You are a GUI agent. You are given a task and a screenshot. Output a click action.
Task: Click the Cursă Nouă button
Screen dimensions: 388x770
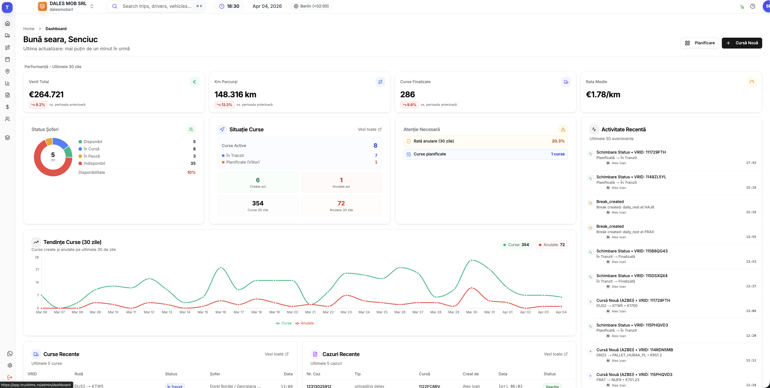(x=742, y=43)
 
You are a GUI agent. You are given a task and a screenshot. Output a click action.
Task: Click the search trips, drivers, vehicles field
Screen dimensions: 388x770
(x=157, y=6)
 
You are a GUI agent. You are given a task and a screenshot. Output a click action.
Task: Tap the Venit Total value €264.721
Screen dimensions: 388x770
(x=46, y=95)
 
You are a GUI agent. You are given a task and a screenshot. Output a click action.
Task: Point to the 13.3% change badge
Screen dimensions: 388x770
(x=225, y=105)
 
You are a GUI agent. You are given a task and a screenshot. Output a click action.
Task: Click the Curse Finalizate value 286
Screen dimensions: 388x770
(x=408, y=95)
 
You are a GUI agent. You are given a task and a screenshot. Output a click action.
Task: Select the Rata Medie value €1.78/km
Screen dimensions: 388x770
(x=603, y=95)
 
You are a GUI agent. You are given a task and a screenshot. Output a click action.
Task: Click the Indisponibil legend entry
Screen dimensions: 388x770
(x=94, y=163)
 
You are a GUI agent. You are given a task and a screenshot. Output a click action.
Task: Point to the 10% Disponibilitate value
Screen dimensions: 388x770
(x=191, y=172)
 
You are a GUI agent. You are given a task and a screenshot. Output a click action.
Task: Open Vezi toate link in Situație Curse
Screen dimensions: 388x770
(x=369, y=130)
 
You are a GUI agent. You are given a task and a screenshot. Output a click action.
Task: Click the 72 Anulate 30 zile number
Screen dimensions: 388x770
(x=341, y=203)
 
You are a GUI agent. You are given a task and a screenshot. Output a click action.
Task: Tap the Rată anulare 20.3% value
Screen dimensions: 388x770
(x=558, y=141)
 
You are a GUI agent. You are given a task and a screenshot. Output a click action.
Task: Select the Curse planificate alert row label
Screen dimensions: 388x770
(x=430, y=154)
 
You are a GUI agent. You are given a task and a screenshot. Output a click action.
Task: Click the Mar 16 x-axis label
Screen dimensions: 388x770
(x=221, y=312)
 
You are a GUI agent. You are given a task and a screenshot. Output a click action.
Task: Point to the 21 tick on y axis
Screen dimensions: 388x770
(x=37, y=269)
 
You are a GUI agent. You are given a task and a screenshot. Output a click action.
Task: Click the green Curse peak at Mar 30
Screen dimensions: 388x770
(x=472, y=260)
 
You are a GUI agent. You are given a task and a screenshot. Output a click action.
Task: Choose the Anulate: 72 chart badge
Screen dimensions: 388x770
(x=551, y=245)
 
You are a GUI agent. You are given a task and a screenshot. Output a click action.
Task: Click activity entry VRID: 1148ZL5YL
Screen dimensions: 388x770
(x=631, y=177)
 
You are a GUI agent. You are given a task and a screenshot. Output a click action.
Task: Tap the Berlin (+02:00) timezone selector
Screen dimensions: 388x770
(x=311, y=6)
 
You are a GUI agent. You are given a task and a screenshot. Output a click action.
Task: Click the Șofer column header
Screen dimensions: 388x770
(x=215, y=374)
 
